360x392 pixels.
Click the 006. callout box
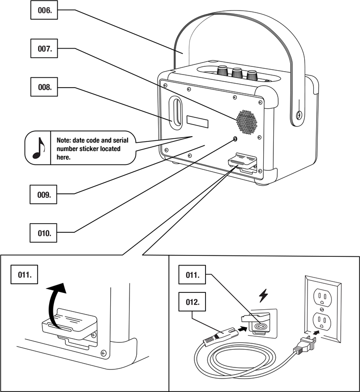[44, 10]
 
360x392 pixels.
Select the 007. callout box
[44, 49]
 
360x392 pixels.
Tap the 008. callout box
[44, 87]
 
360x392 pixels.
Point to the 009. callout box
[43, 194]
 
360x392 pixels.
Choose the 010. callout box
[43, 233]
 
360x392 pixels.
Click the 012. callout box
[192, 302]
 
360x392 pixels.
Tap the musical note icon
[39, 148]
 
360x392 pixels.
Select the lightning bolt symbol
[263, 295]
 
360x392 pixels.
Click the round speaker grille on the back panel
[247, 122]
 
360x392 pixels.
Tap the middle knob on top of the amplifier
[236, 72]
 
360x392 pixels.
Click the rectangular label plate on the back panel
[197, 122]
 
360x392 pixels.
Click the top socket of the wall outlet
[322, 297]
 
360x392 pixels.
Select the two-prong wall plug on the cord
[305, 344]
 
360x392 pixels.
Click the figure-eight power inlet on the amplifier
[261, 326]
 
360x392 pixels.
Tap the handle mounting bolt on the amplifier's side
[299, 115]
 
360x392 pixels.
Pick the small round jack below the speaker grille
[235, 139]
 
